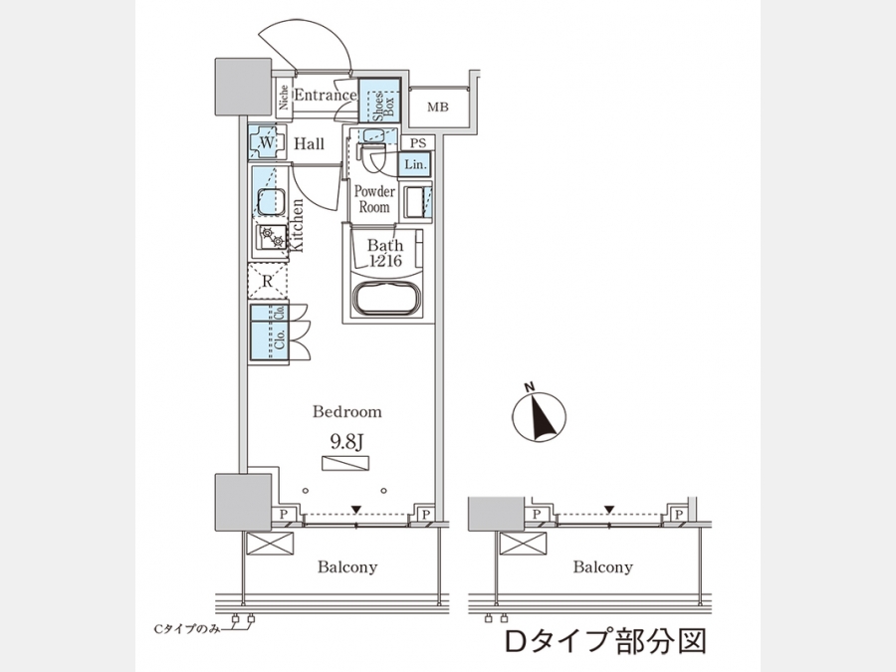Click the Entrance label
coord(325,96)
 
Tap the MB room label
coord(438,108)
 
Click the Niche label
coord(284,98)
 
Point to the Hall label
coord(309,145)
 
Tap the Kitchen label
coord(296,227)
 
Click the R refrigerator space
coord(267,282)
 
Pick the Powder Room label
coord(374,199)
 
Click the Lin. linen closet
coord(416,165)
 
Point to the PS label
coord(417,143)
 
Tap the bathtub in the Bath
coord(384,298)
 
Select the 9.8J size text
coord(346,438)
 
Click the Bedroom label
coord(346,411)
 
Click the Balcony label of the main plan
coord(347,567)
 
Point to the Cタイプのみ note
coord(185,629)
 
